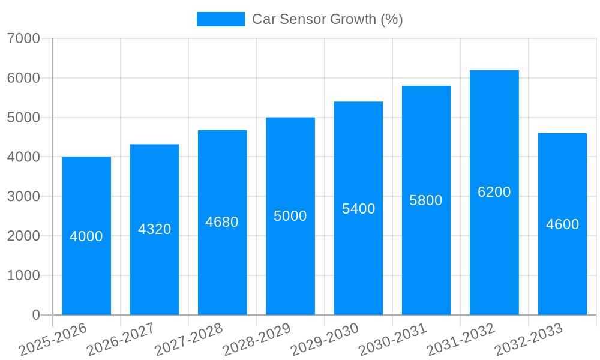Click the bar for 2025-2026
click(x=86, y=264)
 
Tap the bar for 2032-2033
click(x=562, y=270)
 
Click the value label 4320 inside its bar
click(x=155, y=229)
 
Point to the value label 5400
click(x=358, y=209)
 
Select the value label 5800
click(x=426, y=201)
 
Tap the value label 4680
click(x=222, y=222)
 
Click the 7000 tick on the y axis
click(x=23, y=38)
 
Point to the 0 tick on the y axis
click(x=35, y=315)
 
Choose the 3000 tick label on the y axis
click(x=23, y=197)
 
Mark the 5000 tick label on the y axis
click(x=23, y=118)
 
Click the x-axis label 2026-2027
click(x=121, y=340)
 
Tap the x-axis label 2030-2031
click(x=392, y=340)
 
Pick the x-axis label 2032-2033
click(x=529, y=340)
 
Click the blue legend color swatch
click(x=220, y=19)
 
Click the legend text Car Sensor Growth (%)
click(x=327, y=19)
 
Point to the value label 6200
click(x=494, y=192)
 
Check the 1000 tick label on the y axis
click(x=23, y=275)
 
